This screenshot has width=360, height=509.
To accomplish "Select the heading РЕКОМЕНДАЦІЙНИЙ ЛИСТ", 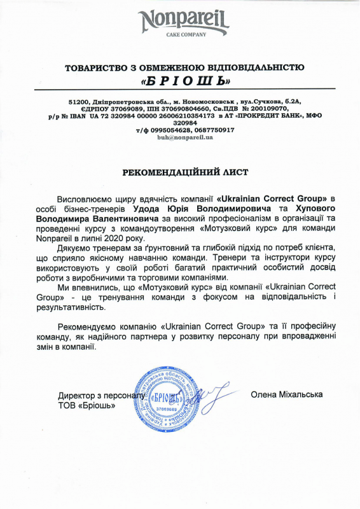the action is pyautogui.click(x=180, y=172).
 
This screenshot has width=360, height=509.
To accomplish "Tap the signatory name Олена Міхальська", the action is pyautogui.click(x=287, y=394).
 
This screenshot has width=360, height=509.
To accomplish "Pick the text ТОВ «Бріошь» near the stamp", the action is pyautogui.click(x=87, y=405).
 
